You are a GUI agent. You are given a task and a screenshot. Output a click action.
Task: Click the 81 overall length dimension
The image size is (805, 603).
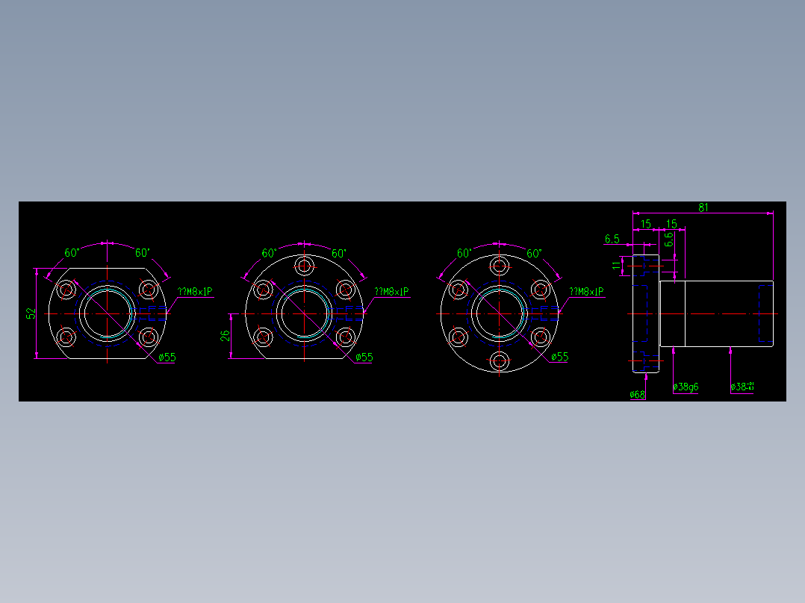(703, 207)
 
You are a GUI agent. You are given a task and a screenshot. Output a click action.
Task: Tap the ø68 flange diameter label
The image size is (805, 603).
(637, 394)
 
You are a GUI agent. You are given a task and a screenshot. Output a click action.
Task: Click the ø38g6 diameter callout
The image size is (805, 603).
(686, 387)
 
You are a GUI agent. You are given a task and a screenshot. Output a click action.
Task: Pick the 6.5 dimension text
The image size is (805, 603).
(612, 239)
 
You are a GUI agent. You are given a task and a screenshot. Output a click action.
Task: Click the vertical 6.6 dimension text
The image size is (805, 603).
(669, 240)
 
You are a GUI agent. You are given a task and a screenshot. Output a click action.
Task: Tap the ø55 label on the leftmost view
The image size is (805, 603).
(167, 357)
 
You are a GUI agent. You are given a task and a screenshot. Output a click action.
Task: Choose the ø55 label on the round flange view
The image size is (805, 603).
(559, 357)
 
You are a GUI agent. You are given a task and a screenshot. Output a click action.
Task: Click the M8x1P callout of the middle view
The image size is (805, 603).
(391, 292)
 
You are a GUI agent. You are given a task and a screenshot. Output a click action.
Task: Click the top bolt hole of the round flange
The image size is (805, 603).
(499, 266)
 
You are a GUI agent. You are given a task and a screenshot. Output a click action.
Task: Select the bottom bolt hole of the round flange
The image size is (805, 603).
(499, 362)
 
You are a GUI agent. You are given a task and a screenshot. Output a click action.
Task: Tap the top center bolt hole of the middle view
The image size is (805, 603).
(304, 266)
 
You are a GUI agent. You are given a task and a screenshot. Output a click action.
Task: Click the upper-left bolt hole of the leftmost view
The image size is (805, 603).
(67, 290)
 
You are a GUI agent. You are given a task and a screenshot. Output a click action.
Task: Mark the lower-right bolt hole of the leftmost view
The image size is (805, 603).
(149, 337)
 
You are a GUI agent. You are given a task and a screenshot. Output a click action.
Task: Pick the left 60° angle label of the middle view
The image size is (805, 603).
(270, 253)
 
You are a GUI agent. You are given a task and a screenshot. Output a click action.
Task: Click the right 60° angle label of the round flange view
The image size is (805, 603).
(534, 253)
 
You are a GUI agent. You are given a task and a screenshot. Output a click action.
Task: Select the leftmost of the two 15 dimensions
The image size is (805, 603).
(646, 224)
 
